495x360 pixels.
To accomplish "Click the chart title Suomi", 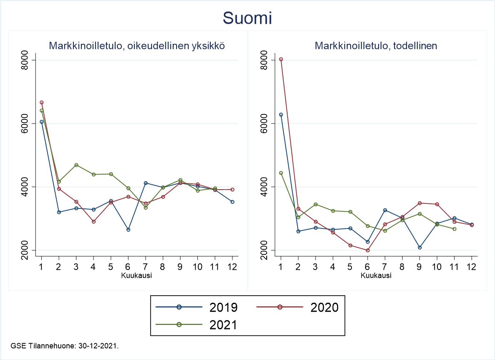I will [247, 18].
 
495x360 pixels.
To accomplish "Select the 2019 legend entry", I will [196, 307].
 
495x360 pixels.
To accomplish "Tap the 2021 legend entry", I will [196, 325].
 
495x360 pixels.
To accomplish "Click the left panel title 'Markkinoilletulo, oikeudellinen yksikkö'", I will [137, 46].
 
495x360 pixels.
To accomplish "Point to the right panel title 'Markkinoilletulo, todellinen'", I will [376, 46].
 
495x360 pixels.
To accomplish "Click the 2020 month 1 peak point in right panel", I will [281, 59].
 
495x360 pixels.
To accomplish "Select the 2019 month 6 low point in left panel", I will [128, 230].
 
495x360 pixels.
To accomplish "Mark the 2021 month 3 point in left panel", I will [76, 165].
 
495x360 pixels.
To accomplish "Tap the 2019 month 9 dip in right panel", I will [419, 248].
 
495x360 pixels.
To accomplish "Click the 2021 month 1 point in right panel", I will [281, 173].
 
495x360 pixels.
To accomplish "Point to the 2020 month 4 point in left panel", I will [93, 222].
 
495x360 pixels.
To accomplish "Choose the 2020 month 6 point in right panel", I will [367, 250].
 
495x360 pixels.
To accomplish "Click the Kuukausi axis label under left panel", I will [136, 276].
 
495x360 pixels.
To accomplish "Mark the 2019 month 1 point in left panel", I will [41, 122].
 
